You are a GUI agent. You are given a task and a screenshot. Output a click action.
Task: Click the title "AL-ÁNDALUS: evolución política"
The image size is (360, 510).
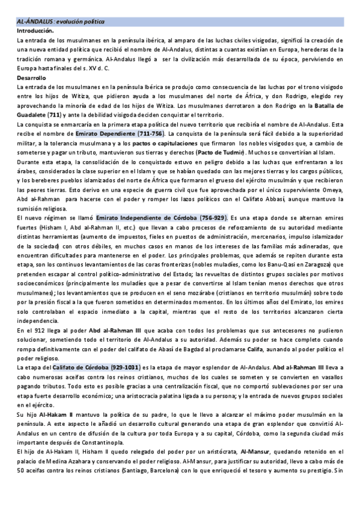[60, 21]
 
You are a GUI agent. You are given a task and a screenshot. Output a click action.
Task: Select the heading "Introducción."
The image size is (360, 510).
[35, 30]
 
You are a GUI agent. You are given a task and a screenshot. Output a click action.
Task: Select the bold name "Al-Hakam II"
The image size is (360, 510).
[51, 414]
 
